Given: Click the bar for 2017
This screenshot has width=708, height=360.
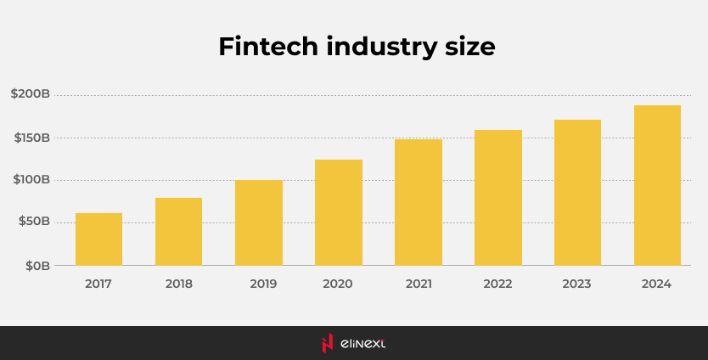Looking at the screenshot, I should tap(98, 239).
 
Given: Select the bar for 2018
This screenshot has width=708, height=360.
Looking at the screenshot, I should tap(178, 232).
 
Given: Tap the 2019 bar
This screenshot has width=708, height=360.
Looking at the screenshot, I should tap(258, 222).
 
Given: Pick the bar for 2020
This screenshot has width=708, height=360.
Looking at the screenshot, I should tap(338, 212).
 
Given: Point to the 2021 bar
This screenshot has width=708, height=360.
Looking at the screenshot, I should tap(418, 202).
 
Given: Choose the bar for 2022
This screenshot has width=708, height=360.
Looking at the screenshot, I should tap(497, 198).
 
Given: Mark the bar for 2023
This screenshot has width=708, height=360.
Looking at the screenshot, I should tap(577, 193).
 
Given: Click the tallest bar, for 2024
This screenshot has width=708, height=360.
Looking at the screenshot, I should tap(657, 185).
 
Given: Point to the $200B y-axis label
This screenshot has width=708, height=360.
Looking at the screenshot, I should tap(31, 94).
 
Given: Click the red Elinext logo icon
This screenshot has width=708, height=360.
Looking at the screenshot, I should tap(328, 343).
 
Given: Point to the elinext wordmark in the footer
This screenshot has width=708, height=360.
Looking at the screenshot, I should tap(362, 343).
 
